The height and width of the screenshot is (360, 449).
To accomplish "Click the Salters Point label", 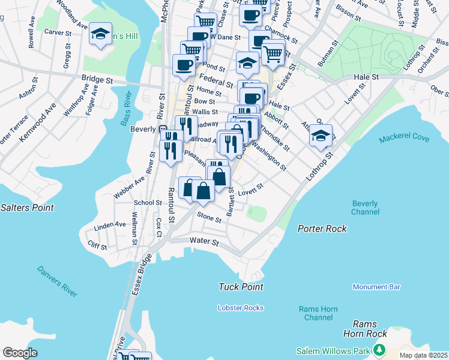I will pyautogui.click(x=27, y=208).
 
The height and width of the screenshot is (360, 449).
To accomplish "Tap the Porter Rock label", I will pyautogui.click(x=322, y=229).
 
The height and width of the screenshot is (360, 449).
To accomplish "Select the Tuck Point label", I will pyautogui.click(x=241, y=287).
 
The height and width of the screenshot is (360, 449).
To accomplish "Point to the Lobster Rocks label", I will pyautogui.click(x=241, y=308).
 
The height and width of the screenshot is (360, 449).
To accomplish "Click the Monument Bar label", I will pyautogui.click(x=376, y=287).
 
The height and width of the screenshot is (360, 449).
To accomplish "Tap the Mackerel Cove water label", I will pyautogui.click(x=404, y=139).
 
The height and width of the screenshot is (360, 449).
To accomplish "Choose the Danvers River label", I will pyautogui.click(x=56, y=281).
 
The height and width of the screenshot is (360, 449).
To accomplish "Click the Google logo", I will pyautogui.click(x=20, y=352).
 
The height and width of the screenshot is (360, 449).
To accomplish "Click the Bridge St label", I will pyautogui.click(x=97, y=79).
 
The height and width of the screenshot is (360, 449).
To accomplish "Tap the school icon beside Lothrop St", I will pyautogui.click(x=321, y=136).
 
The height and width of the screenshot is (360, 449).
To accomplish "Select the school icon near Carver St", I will pyautogui.click(x=100, y=33).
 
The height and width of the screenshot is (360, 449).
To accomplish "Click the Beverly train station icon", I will pyautogui.click(x=162, y=129).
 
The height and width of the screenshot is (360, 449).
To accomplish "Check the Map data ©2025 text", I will pyautogui.click(x=423, y=355).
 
